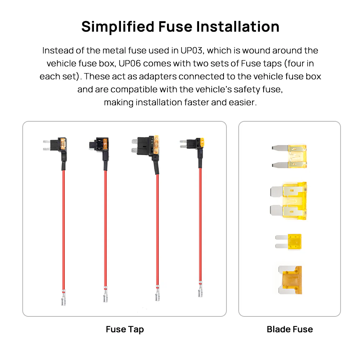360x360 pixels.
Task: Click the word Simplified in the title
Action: (x=118, y=27)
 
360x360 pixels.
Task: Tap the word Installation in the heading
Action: (x=238, y=27)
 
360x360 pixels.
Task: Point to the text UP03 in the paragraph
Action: (x=192, y=50)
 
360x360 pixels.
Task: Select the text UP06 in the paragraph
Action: (x=130, y=63)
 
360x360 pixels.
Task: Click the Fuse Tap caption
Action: (x=125, y=329)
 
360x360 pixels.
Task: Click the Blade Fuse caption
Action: (x=290, y=329)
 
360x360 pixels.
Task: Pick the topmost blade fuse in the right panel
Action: (x=289, y=156)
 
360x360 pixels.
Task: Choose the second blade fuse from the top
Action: (x=288, y=201)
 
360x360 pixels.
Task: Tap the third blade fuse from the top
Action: (x=288, y=242)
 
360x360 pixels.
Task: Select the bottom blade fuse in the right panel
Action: (x=290, y=280)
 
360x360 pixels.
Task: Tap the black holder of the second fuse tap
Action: (x=99, y=144)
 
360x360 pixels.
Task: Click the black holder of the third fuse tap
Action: (x=145, y=146)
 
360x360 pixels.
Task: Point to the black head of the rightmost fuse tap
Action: (x=192, y=144)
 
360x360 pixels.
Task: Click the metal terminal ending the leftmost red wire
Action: (x=63, y=298)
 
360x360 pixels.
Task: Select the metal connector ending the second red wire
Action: (x=105, y=295)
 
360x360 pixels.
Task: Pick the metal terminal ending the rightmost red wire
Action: (x=200, y=289)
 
